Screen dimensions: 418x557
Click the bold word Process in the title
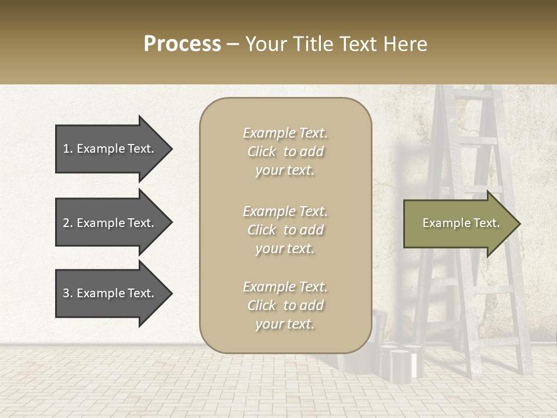[x=182, y=44]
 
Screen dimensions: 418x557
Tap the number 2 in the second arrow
[x=66, y=223]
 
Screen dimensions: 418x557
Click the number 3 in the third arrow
[x=66, y=293]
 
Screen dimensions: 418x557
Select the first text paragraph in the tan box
[x=285, y=152]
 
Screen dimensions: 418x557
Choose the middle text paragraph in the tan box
[x=285, y=230]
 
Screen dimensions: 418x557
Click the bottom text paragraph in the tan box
[x=285, y=305]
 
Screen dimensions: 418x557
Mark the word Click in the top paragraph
[x=262, y=152]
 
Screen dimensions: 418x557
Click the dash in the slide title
[x=233, y=44]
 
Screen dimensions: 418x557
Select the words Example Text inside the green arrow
[x=461, y=223]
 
